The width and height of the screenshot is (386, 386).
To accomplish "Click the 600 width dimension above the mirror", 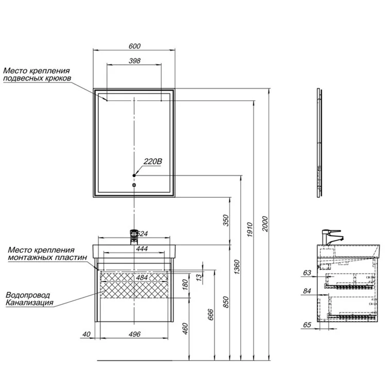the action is [x=135, y=46].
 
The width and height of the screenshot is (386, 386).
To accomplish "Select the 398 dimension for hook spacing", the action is [x=135, y=61].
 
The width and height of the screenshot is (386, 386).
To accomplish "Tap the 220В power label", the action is [x=152, y=162].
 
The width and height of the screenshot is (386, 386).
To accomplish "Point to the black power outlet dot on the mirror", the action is [x=134, y=176].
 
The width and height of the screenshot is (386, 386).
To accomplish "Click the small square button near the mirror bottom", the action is [x=134, y=185].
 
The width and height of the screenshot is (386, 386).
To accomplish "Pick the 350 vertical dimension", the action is [x=226, y=221].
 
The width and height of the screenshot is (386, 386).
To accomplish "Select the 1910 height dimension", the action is [x=249, y=230].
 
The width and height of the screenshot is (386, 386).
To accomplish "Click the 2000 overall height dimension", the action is [x=265, y=224].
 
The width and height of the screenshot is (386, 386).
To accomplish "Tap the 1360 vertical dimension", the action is [x=236, y=267].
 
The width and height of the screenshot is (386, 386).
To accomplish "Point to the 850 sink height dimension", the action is [x=226, y=303].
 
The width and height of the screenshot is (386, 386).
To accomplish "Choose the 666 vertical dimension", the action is [x=211, y=315].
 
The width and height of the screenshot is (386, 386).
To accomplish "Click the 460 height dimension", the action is [x=185, y=329].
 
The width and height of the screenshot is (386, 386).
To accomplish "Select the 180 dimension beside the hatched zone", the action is [x=185, y=285].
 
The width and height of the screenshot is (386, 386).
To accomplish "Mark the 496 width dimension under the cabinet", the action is [x=135, y=334].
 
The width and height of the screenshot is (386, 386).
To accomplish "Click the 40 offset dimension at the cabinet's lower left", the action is [x=86, y=334].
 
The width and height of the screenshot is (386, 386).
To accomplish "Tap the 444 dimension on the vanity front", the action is [x=142, y=249].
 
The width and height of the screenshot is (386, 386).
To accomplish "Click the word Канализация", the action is [x=29, y=303].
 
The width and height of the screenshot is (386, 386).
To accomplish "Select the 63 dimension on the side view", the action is [x=307, y=273].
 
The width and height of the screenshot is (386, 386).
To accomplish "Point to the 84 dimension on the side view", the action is [x=307, y=291].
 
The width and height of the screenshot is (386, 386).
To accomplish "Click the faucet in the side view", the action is [x=331, y=237].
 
